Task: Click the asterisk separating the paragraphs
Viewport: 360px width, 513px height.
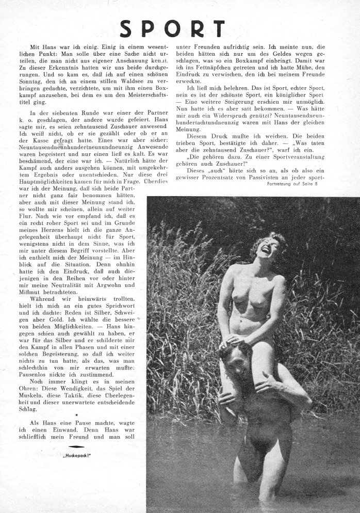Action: (x=76, y=414)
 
